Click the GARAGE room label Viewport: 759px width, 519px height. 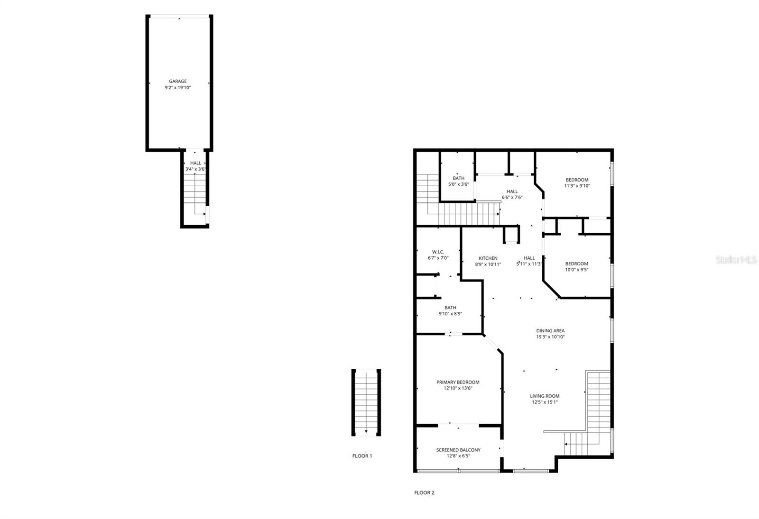pos(178,81)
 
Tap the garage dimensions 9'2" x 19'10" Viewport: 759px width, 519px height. pos(178,88)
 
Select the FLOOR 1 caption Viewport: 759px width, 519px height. pos(362,456)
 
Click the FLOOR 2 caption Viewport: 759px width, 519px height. pos(424,492)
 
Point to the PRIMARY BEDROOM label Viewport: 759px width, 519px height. pos(458,382)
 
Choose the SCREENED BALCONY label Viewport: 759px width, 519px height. pos(458,450)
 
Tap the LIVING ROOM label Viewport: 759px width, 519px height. pos(545,396)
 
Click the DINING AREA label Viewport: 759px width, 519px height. pos(550,331)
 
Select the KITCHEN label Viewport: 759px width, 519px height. pos(488,258)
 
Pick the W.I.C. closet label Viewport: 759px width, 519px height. pos(438,252)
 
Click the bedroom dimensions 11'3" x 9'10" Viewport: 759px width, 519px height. pos(577,186)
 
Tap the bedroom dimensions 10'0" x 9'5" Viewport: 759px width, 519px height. pos(576,270)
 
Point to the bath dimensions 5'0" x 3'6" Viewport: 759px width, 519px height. pos(458,184)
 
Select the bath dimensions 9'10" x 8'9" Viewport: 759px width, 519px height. pos(450,314)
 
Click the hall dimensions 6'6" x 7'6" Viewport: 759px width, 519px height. pos(512,198)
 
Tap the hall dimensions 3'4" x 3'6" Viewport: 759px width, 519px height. pos(195,169)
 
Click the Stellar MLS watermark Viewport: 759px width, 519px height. pos(736,260)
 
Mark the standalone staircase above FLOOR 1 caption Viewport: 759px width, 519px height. pos(366,402)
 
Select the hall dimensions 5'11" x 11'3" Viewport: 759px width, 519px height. pos(529,264)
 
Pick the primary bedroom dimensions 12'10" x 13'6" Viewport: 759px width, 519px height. pos(458,388)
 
